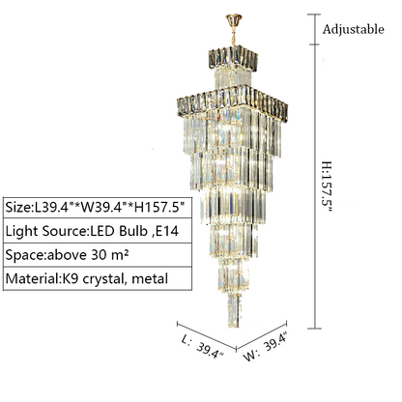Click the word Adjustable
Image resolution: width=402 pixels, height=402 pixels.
[x=354, y=29]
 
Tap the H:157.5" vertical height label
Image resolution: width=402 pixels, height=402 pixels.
[x=327, y=187]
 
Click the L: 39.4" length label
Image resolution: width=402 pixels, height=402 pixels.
[x=202, y=347]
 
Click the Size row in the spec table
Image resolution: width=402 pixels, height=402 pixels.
[x=98, y=207]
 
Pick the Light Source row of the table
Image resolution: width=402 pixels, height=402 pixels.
[x=98, y=231]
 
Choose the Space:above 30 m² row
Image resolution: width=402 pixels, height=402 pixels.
[x=98, y=255]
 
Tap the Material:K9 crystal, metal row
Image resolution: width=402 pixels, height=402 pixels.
[x=98, y=278]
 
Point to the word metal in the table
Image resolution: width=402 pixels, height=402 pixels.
[x=150, y=278]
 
